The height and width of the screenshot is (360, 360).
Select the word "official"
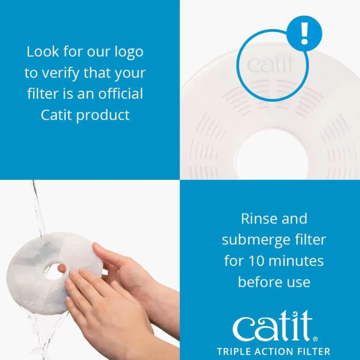[x=121, y=94]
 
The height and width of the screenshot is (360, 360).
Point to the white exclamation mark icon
[x=304, y=33]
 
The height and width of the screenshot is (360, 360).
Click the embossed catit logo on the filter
[x=270, y=64]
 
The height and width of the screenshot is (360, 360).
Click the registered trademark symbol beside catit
[x=316, y=339]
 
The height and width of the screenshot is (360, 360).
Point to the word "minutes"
[x=296, y=261]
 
